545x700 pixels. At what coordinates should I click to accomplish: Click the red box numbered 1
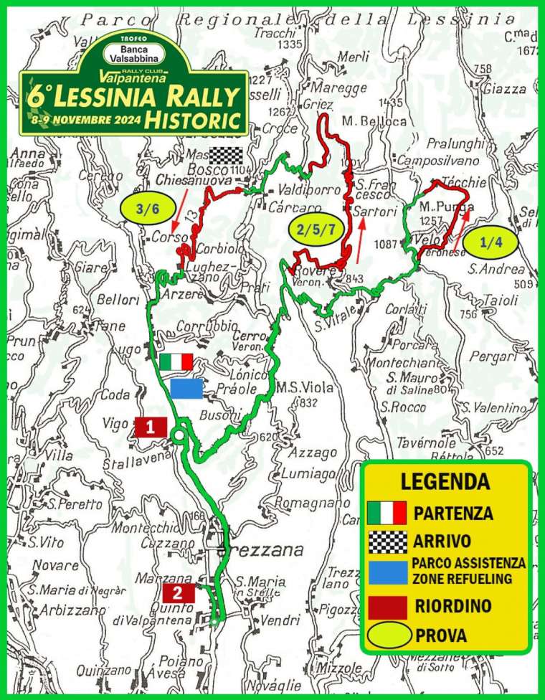point(151,427)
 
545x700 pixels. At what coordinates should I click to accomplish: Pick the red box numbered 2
point(179,592)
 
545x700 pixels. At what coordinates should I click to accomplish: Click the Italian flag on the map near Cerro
point(176,361)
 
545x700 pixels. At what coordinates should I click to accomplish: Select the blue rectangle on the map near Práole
point(186,388)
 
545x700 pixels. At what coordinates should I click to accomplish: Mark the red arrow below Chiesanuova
point(182,199)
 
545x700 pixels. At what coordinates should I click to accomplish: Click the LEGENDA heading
point(445,481)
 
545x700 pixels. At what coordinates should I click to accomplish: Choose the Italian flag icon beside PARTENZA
point(387,514)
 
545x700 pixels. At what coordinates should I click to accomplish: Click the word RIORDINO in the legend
point(453,606)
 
